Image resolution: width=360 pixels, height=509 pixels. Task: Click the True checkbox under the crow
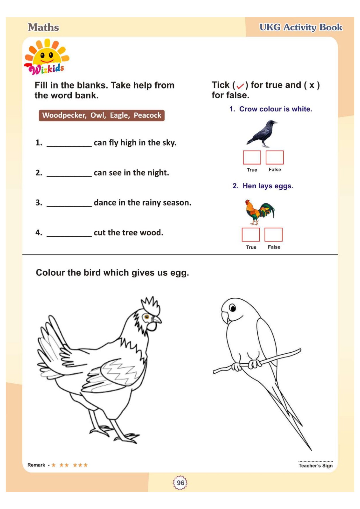pyautogui.click(x=252, y=157)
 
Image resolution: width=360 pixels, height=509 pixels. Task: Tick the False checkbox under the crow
pyautogui.click(x=274, y=157)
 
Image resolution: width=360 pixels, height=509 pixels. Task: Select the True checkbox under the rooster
pyautogui.click(x=251, y=234)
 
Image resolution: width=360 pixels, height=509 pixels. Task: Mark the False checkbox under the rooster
pyautogui.click(x=273, y=234)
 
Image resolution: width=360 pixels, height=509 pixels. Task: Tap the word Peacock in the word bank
pyautogui.click(x=147, y=115)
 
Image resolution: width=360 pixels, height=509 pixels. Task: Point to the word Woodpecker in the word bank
pyautogui.click(x=64, y=115)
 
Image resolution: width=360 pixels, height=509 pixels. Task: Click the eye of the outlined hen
pyautogui.click(x=146, y=317)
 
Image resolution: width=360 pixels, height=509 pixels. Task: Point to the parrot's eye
pyautogui.click(x=232, y=308)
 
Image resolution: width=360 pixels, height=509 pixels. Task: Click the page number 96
pyautogui.click(x=180, y=483)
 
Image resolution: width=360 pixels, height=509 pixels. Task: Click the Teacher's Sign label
pyautogui.click(x=315, y=465)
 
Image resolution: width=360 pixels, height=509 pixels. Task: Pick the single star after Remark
pyautogui.click(x=53, y=465)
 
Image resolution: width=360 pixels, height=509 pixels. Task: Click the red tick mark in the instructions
pyautogui.click(x=240, y=86)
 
